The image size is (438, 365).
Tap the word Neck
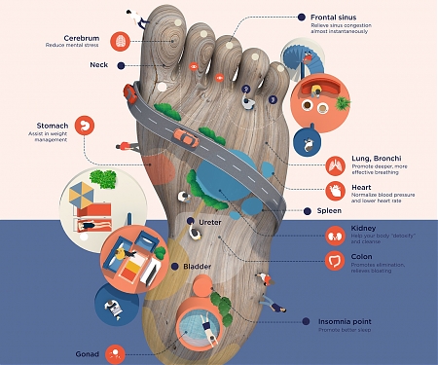click(x=98, y=65)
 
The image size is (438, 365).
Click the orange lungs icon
click(x=335, y=164)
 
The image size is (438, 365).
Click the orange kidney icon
click(x=334, y=235)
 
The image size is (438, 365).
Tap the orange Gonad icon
click(x=116, y=353)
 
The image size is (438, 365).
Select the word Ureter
click(x=211, y=223)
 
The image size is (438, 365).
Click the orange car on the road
click(x=188, y=137)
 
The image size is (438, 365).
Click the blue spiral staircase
click(x=297, y=58)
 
